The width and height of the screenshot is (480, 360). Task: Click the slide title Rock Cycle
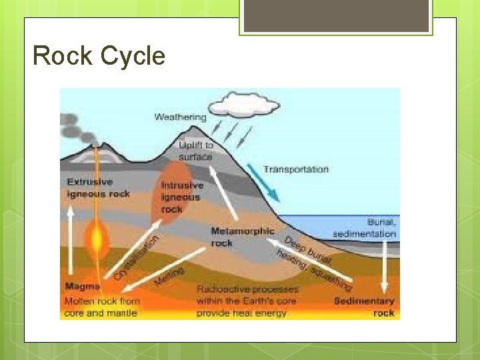(x=99, y=56)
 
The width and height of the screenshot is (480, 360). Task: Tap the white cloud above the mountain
(x=237, y=105)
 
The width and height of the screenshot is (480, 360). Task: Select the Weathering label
(x=180, y=117)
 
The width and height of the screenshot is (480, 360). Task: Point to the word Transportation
(x=295, y=169)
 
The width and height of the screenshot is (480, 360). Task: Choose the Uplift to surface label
(x=195, y=151)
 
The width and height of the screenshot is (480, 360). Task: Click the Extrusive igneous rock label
(x=97, y=187)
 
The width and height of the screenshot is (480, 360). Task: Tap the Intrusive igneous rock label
(x=180, y=197)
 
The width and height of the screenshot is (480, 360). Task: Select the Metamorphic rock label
(x=242, y=237)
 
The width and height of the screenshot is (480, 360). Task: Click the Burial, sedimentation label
(x=365, y=228)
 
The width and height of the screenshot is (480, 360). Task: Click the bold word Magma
(x=82, y=287)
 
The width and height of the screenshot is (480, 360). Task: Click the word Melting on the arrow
(x=169, y=274)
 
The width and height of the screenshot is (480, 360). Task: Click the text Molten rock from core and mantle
(x=101, y=307)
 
